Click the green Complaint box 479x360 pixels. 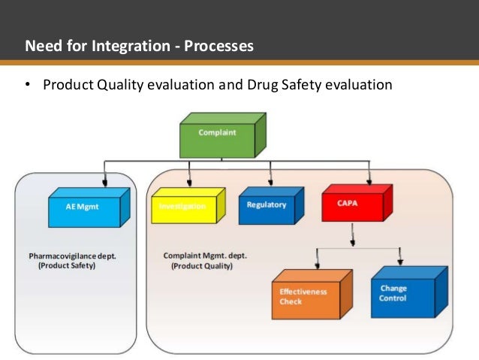tap(217, 136)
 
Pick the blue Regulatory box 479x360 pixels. tap(267, 206)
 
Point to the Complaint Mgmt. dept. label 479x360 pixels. tap(204, 256)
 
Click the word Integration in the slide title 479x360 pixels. tap(123, 47)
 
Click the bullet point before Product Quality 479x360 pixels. tap(27, 85)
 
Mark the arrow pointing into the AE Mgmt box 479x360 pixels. tap(106, 180)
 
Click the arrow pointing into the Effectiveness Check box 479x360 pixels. tap(318, 263)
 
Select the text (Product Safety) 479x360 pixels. tap(67, 265)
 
